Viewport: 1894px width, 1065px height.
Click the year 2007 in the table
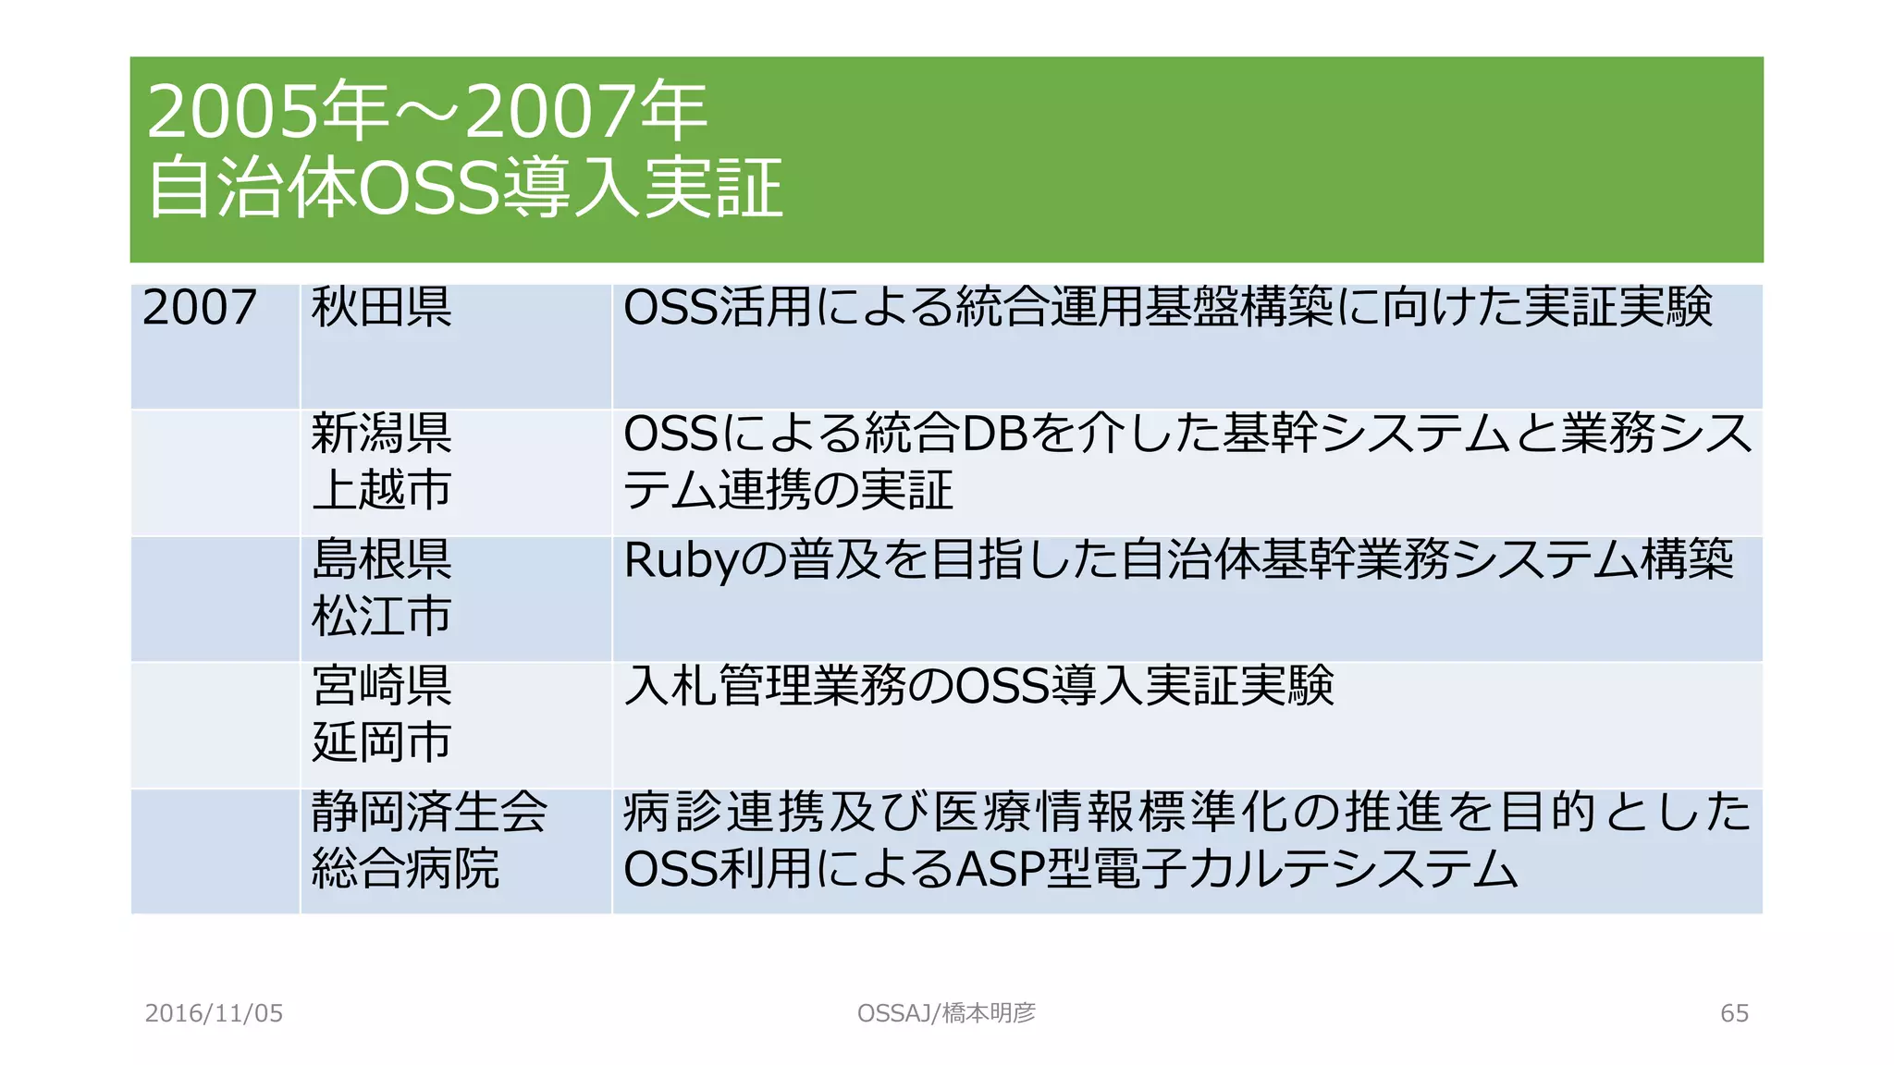click(x=200, y=308)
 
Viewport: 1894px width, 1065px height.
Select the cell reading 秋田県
click(x=381, y=308)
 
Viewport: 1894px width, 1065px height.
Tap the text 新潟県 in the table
click(x=381, y=434)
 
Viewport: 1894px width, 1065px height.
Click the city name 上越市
click(x=381, y=490)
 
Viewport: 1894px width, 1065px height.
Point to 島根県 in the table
click(x=381, y=559)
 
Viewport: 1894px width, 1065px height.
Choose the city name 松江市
click(x=381, y=616)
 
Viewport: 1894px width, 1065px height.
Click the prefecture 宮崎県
click(x=381, y=686)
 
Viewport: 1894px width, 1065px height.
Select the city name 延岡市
click(x=381, y=742)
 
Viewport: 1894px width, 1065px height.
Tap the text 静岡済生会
click(x=429, y=812)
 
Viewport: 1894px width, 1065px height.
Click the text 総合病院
click(x=405, y=868)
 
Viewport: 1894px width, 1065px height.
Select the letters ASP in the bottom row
click(x=999, y=869)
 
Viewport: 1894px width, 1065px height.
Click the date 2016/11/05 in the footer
click(x=214, y=1013)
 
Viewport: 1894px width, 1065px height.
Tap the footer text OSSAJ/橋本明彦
click(x=946, y=1013)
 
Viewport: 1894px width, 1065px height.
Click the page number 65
click(x=1734, y=1013)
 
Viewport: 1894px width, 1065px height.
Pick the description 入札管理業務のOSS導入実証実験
click(x=978, y=686)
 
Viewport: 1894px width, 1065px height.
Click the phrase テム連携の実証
click(x=788, y=490)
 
